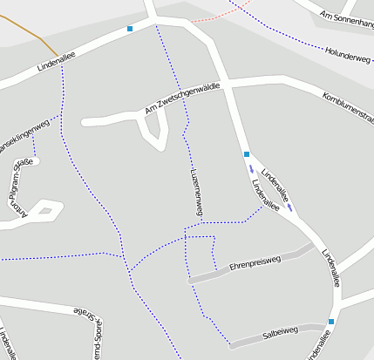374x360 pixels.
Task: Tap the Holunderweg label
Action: pyautogui.click(x=348, y=55)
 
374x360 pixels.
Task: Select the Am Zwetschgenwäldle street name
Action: pyautogui.click(x=182, y=98)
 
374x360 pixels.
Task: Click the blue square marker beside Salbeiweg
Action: pyautogui.click(x=331, y=322)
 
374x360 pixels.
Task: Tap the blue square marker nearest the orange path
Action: pyautogui.click(x=130, y=29)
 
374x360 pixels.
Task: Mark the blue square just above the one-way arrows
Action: pyautogui.click(x=247, y=154)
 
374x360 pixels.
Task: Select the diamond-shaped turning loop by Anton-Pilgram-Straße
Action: pyautogui.click(x=50, y=209)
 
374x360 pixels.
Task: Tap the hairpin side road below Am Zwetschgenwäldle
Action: pyautogui.click(x=154, y=132)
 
